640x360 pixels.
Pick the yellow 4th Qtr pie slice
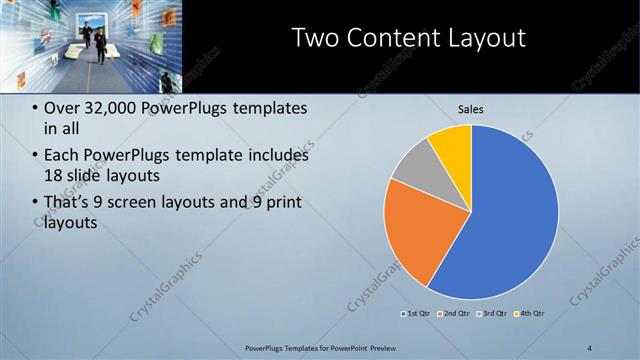point(452,145)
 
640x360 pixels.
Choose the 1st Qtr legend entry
point(418,314)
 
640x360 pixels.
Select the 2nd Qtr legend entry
point(455,314)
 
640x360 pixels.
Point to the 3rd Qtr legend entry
point(493,314)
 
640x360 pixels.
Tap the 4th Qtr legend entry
point(530,314)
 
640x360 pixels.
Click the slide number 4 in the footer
point(590,347)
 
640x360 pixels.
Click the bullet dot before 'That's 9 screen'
point(36,204)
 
